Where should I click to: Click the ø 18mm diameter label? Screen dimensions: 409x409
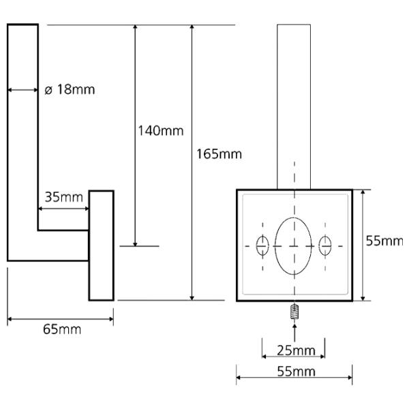70,89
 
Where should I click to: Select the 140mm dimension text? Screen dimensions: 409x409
161,131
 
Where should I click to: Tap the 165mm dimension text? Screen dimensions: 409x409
219,154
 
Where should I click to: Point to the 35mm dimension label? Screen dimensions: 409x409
64,197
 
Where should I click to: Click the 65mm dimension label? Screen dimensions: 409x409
62,329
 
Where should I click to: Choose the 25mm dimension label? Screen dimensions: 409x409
296,350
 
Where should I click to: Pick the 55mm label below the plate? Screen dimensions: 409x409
296,372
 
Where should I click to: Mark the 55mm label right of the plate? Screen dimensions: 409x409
384,241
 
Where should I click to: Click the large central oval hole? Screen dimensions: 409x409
293,246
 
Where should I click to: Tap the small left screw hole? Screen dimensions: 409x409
262,245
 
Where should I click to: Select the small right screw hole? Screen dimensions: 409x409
325,245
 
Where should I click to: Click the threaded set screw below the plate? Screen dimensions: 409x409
294,312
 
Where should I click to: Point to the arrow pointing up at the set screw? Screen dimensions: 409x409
294,333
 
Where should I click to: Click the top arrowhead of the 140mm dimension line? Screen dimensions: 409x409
135,28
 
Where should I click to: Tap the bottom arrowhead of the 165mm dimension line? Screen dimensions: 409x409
192,297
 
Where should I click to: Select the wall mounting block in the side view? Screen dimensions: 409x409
102,245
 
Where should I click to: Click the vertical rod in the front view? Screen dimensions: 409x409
294,107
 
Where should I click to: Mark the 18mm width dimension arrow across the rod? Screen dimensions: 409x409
23,90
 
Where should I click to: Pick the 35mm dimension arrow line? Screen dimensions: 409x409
63,209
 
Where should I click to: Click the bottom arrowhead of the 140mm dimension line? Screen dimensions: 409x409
135,243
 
